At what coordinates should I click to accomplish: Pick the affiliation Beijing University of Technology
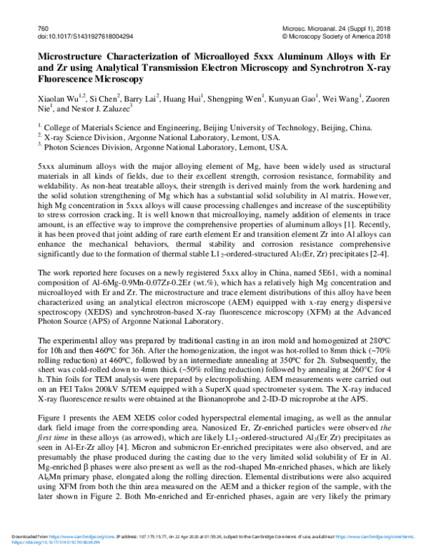click(275, 128)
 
